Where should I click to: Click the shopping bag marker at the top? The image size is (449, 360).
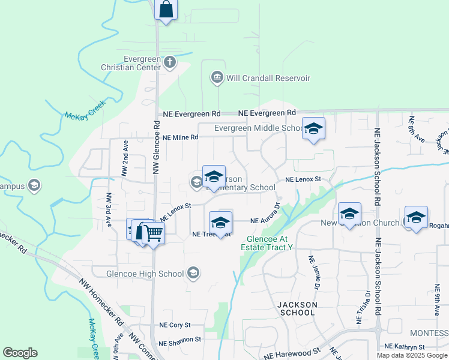[x=166, y=10]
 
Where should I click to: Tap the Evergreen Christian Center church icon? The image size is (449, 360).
[x=170, y=61]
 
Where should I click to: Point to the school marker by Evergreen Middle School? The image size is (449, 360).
[x=313, y=128]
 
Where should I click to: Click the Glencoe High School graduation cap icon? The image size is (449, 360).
[x=193, y=274]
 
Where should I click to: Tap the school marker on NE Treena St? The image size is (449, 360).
[x=220, y=223]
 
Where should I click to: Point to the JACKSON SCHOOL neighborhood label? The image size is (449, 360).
[x=297, y=308]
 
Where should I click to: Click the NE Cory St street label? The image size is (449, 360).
[x=175, y=325]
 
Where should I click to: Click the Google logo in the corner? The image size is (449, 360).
[x=20, y=352]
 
